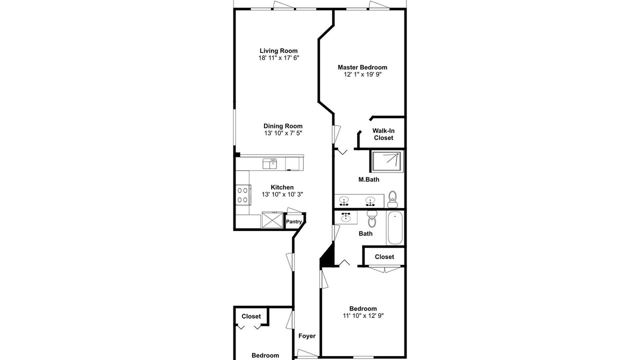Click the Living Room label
click(x=278, y=51)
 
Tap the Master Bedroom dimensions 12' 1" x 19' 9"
click(x=362, y=74)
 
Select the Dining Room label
click(x=283, y=126)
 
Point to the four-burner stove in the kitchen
click(x=243, y=195)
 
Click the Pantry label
click(x=293, y=221)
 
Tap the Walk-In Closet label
click(x=383, y=134)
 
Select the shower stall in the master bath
click(x=387, y=161)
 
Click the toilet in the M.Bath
click(x=392, y=199)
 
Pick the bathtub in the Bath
click(x=395, y=227)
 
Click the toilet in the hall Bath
click(x=372, y=219)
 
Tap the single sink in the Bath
click(x=346, y=217)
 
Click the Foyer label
click(x=307, y=336)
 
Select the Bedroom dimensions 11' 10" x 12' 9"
click(x=363, y=315)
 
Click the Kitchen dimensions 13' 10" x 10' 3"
click(x=282, y=194)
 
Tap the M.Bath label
click(x=369, y=179)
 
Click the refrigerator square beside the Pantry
click(x=272, y=219)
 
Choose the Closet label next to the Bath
click(x=384, y=257)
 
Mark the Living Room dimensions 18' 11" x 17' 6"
click(x=278, y=58)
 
